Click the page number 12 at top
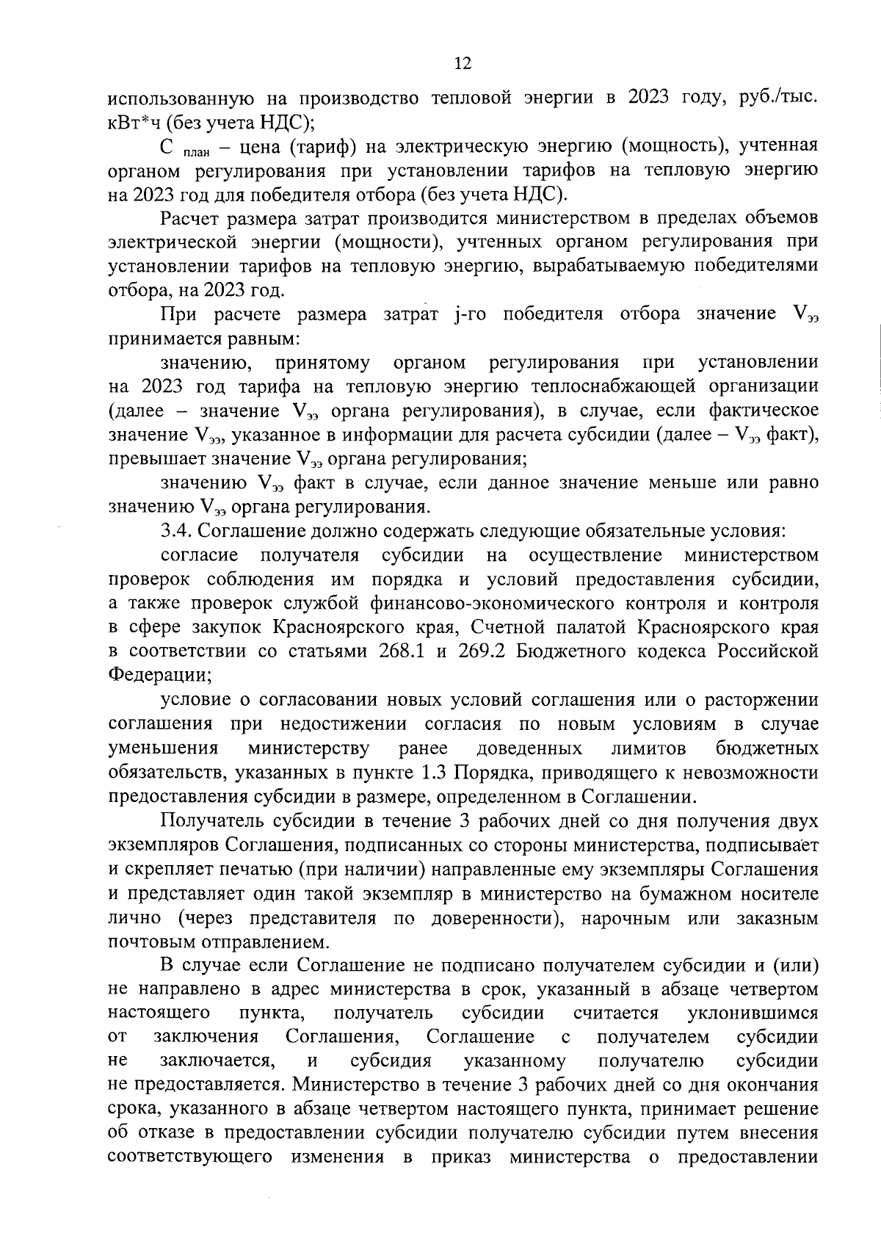(463, 63)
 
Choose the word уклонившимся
(753, 1014)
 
